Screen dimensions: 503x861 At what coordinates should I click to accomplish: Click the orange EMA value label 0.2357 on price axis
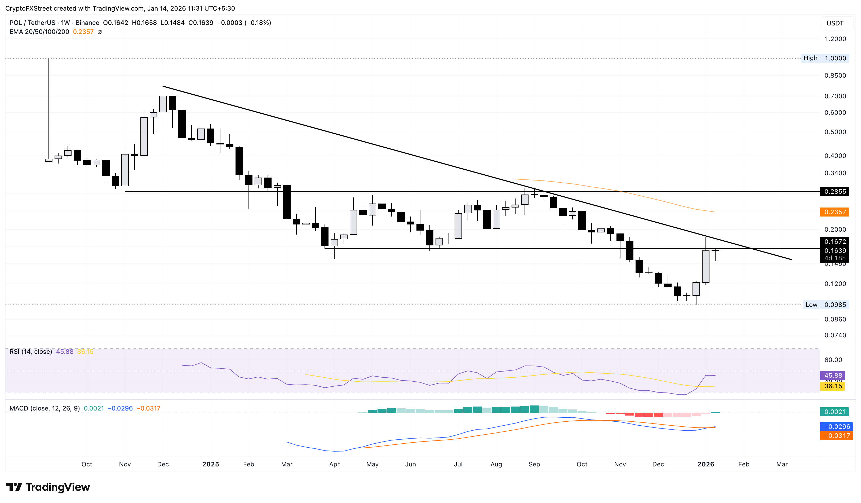tap(835, 212)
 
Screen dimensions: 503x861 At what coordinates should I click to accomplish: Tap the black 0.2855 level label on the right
tap(835, 191)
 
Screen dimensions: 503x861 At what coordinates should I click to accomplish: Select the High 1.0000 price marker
tap(825, 58)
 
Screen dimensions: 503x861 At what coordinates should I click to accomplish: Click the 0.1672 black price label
tap(835, 242)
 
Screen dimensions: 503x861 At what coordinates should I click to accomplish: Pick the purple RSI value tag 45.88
tap(833, 376)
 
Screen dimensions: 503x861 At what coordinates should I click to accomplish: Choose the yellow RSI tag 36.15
tap(833, 386)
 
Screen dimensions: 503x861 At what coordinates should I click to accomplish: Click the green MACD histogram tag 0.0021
tap(835, 412)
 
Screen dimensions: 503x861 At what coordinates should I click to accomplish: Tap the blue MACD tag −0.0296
tap(836, 426)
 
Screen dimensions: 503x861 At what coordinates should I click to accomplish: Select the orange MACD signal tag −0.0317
tap(836, 436)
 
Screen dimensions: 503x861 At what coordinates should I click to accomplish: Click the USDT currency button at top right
tap(835, 23)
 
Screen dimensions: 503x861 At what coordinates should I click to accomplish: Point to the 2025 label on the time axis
tap(210, 464)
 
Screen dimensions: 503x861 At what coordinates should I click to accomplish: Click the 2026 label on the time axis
tap(705, 464)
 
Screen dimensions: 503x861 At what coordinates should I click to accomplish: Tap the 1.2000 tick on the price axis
tap(835, 39)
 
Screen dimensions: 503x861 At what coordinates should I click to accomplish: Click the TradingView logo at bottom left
tap(48, 487)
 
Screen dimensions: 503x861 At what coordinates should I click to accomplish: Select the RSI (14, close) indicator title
tap(31, 352)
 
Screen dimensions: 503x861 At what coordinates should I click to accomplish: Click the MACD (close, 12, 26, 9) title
tap(45, 408)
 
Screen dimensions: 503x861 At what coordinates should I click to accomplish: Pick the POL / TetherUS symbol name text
tap(33, 23)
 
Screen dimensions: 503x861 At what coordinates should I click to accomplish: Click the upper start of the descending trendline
tap(163, 86)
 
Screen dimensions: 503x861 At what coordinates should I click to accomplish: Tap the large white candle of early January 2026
tap(705, 267)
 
